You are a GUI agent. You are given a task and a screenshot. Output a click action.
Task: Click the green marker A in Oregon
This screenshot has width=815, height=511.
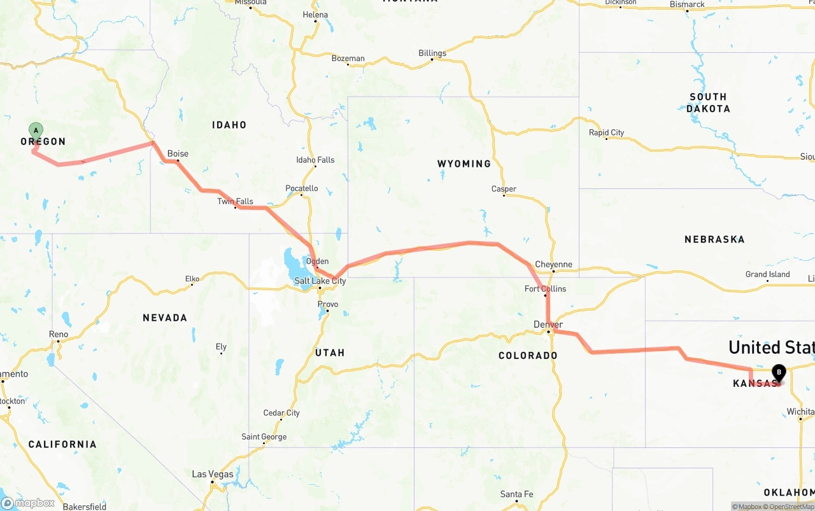[36, 130]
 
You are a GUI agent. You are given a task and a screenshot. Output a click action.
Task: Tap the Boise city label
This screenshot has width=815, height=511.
[178, 154]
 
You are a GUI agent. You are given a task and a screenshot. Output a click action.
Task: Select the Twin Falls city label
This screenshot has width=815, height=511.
[235, 202]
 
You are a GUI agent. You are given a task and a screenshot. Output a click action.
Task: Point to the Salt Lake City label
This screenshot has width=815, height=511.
[320, 281]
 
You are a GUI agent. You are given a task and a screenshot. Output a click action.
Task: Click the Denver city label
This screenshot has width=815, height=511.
[548, 325]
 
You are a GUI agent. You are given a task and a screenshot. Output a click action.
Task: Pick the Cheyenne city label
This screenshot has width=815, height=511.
[553, 265]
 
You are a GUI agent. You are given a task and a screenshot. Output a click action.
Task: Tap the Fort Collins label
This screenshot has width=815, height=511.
[545, 289]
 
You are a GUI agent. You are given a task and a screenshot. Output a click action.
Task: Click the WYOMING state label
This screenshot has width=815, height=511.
[464, 164]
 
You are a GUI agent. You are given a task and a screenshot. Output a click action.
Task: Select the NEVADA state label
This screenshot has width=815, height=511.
[165, 318]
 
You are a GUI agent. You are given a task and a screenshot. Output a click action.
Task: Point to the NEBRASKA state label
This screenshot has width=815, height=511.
[714, 239]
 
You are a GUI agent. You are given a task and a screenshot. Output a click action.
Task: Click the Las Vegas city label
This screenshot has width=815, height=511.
[213, 474]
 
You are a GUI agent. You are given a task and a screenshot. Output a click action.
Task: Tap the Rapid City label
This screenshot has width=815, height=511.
[606, 133]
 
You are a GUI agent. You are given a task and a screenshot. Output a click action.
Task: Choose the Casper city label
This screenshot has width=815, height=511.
[504, 189]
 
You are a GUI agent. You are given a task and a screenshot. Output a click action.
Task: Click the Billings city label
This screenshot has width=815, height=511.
[432, 53]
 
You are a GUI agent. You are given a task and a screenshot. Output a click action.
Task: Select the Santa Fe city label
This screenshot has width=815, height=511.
[516, 494]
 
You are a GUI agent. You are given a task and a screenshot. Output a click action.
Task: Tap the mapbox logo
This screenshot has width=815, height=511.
[29, 503]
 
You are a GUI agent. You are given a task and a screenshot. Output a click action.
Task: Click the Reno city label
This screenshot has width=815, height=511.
[58, 334]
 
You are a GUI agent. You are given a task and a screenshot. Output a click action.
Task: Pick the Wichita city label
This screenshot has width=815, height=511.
[800, 412]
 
